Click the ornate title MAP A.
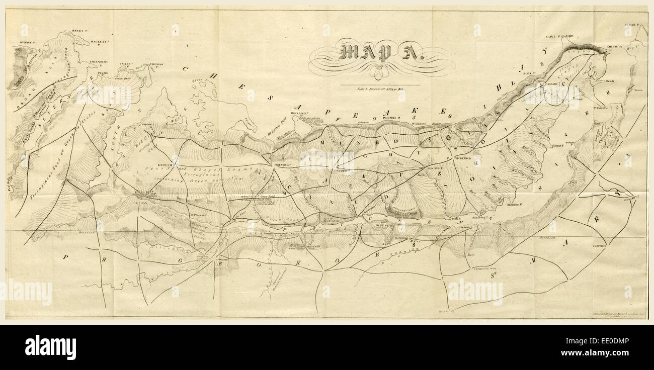pyautogui.click(x=382, y=52)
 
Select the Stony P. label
pyautogui.click(x=26, y=42)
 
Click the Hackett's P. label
pyautogui.click(x=100, y=42)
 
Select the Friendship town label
pyautogui.click(x=283, y=165)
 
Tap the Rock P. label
pyautogui.click(x=528, y=73)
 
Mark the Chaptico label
pyautogui.click(x=599, y=246)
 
